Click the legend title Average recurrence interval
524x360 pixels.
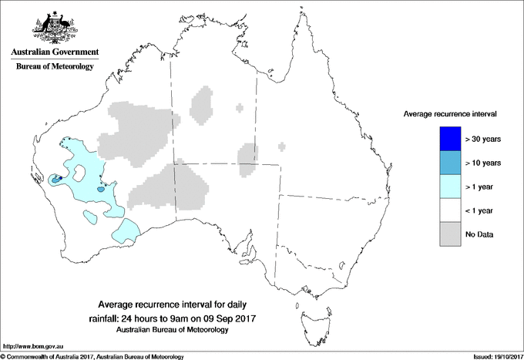click(450, 113)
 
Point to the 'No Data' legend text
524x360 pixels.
click(479, 234)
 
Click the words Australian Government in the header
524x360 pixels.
click(53, 52)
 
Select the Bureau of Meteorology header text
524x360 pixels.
click(53, 67)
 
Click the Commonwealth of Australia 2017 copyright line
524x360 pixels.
click(92, 356)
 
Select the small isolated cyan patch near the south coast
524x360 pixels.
click(126, 230)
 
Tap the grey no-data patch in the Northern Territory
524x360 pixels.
click(203, 105)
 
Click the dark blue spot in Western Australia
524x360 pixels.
click(55, 178)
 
